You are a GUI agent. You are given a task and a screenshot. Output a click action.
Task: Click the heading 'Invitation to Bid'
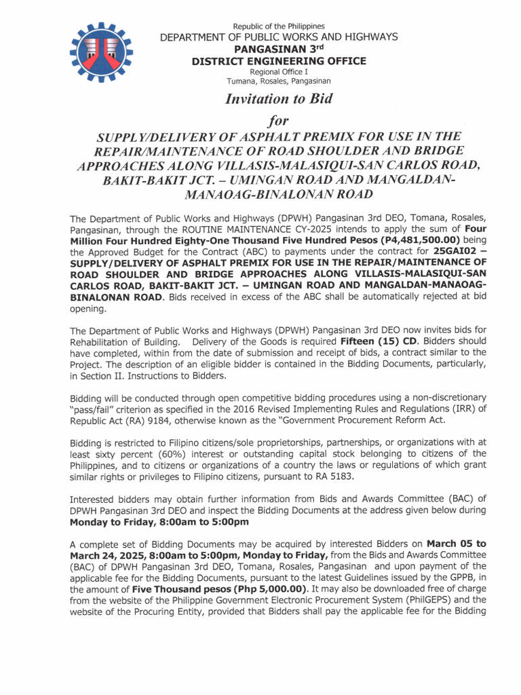tap(278, 99)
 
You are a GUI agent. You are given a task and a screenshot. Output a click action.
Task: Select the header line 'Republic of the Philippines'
tap(278, 26)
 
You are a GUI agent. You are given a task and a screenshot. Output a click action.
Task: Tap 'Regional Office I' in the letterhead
tap(278, 72)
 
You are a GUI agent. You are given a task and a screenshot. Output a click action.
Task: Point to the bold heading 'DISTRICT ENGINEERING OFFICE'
tap(278, 61)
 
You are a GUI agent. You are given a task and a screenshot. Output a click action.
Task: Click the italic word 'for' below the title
tap(278, 121)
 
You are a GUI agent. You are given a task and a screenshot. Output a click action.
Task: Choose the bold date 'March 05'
tap(450, 544)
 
